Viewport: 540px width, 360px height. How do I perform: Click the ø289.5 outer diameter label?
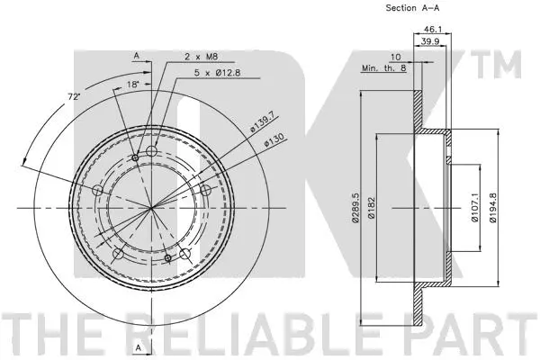tap(356, 210)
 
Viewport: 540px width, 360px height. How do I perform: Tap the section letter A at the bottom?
tap(137, 346)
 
